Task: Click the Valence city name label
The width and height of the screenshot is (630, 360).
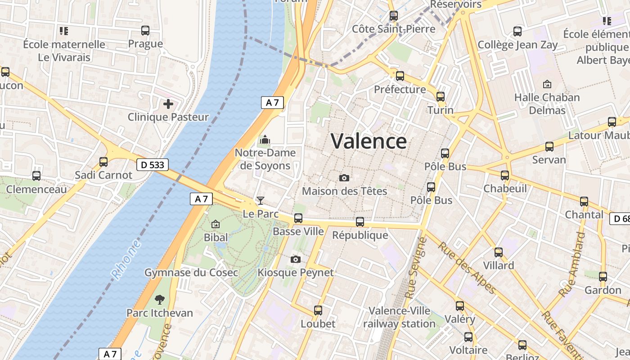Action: tap(369, 141)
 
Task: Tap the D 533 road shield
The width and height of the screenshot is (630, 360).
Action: tap(152, 165)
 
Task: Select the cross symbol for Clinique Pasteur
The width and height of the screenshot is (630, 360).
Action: tap(168, 104)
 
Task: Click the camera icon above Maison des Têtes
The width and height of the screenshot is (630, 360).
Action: tap(344, 178)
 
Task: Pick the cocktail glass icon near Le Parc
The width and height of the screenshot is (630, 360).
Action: tap(260, 200)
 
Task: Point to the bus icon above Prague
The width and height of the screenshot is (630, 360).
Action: tap(145, 31)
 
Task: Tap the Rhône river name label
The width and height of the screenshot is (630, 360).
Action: tap(126, 260)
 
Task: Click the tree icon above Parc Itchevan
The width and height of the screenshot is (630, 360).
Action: tap(159, 299)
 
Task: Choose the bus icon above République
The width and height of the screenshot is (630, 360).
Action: tap(360, 221)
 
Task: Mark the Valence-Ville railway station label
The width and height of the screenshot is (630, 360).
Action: tap(399, 317)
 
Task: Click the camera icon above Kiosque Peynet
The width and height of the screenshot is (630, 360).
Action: tap(296, 259)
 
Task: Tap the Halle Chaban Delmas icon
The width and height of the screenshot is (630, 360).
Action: tap(547, 84)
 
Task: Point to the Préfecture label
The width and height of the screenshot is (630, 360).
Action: tap(400, 89)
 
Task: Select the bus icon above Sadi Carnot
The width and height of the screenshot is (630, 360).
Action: tap(103, 162)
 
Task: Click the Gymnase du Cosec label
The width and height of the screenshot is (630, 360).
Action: tap(191, 272)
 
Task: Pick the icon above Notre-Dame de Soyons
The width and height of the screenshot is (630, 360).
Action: tap(265, 140)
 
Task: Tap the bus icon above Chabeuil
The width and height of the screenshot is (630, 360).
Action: tap(505, 175)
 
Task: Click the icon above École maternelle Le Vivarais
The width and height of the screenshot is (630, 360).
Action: tap(64, 31)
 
